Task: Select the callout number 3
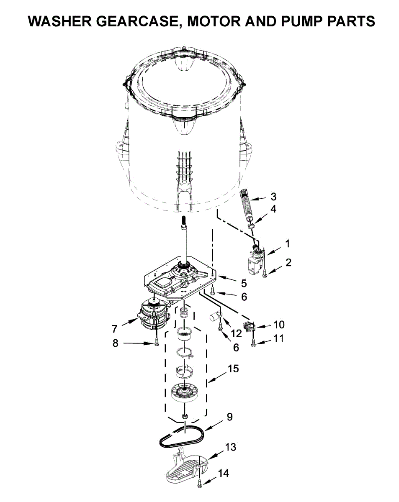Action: (x=273, y=196)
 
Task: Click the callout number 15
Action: (x=233, y=369)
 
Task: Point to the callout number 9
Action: (x=229, y=417)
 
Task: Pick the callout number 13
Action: (x=230, y=447)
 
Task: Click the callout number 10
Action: (x=278, y=324)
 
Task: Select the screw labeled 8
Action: (x=157, y=342)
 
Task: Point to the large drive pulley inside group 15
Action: (x=184, y=393)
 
